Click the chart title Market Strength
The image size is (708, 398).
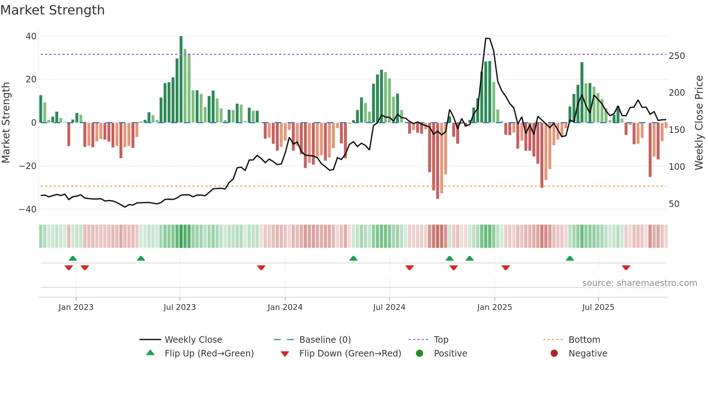pos(52,10)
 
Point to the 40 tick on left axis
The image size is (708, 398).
pos(31,36)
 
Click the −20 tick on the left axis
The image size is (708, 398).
pos(28,166)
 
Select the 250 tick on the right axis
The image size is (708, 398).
pos(677,56)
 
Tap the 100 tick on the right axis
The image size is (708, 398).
pos(677,167)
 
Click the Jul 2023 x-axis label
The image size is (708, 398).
pos(180,307)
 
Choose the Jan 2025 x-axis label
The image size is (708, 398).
pos(494,307)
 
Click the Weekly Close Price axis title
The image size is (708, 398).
pos(699,123)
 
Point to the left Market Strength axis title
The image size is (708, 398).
pos(6,123)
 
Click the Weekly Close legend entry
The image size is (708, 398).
pos(193,340)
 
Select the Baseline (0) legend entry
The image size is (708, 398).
pos(325,340)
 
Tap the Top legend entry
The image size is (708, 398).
pos(441,340)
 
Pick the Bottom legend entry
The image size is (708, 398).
pos(584,340)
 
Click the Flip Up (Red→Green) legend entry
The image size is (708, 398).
pos(209,354)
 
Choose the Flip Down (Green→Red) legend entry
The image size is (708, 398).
pos(350,354)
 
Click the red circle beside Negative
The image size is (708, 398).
pos(554,353)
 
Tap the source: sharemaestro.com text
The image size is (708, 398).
pos(639,283)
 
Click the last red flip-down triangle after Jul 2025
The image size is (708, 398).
pos(626,268)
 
